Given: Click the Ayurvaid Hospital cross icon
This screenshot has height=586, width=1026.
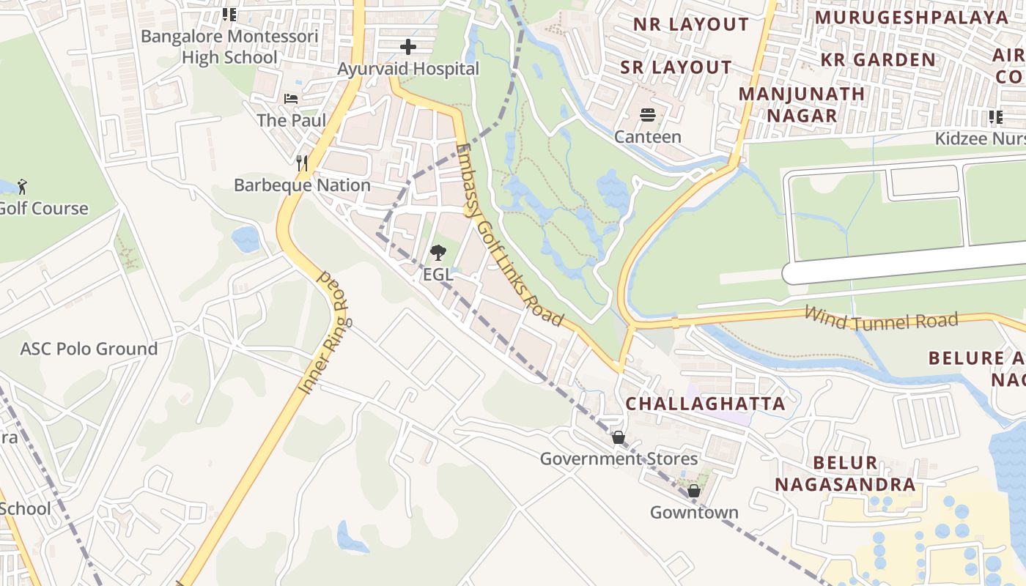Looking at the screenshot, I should [408, 48].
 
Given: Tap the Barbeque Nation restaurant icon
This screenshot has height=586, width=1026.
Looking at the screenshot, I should [301, 163].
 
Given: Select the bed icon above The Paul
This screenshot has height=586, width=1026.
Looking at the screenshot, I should [291, 98].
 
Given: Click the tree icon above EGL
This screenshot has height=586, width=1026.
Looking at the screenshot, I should [438, 253].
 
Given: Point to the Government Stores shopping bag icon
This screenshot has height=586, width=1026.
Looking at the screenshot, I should [619, 437].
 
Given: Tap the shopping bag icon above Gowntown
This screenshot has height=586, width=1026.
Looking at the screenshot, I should [693, 491].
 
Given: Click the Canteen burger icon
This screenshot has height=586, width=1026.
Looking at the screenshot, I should [648, 115].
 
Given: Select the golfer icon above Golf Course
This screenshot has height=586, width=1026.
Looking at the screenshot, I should [22, 186].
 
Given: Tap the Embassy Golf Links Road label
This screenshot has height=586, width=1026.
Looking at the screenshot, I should [509, 234].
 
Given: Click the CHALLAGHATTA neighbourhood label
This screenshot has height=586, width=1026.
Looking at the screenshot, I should [705, 404].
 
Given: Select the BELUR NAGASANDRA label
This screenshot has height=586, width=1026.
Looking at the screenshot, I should [845, 473].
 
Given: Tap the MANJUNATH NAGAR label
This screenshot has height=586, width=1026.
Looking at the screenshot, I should [802, 105].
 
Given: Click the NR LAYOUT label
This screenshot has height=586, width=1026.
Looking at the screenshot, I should [691, 24].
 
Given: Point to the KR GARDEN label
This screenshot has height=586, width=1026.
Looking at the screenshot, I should [878, 60].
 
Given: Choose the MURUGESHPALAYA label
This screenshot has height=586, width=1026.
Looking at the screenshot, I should [912, 17].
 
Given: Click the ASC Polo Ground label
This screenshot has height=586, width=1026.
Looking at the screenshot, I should [89, 349].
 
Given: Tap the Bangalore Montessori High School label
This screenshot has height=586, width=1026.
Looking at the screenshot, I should [229, 47].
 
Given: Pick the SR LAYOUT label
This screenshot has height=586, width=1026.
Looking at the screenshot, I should [676, 67].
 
